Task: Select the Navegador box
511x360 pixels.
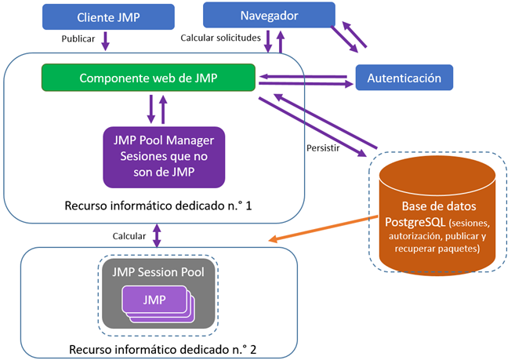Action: click(268, 14)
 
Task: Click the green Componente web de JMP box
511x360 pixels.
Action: click(148, 78)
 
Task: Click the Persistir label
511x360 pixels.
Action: click(322, 147)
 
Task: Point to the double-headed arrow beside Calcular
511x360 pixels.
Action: click(158, 235)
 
